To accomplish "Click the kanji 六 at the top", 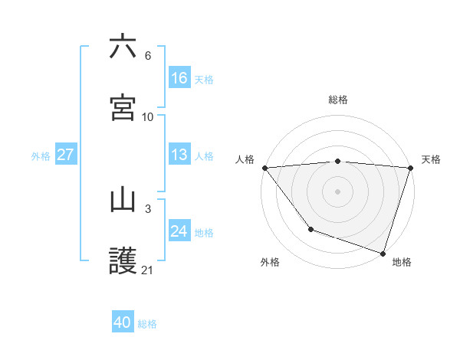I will pyautogui.click(x=123, y=47).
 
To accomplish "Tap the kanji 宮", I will pyautogui.click(x=123, y=108).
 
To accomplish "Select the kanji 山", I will pyautogui.click(x=123, y=200).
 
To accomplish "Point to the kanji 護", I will pyautogui.click(x=123, y=261).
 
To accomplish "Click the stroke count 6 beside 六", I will pyautogui.click(x=148, y=56).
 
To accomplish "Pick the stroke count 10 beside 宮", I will pyautogui.click(x=148, y=117).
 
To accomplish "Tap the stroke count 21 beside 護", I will pyautogui.click(x=148, y=270).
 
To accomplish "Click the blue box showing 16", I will pyautogui.click(x=179, y=77).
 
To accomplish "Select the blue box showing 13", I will pyautogui.click(x=179, y=155).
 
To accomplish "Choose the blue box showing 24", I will pyautogui.click(x=179, y=231).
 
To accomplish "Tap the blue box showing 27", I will pyautogui.click(x=66, y=155).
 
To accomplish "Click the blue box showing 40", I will pyautogui.click(x=123, y=322).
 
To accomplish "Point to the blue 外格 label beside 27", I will pyautogui.click(x=41, y=156).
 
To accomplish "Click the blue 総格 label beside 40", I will pyautogui.click(x=147, y=324).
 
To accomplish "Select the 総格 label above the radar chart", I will pyautogui.click(x=338, y=100).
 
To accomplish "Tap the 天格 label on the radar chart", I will pyautogui.click(x=431, y=159).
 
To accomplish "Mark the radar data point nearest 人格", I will pyautogui.click(x=264, y=168).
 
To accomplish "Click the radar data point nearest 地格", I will pyautogui.click(x=383, y=253).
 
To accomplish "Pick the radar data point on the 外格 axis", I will pyautogui.click(x=310, y=229).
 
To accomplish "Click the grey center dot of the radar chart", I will pyautogui.click(x=338, y=191).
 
